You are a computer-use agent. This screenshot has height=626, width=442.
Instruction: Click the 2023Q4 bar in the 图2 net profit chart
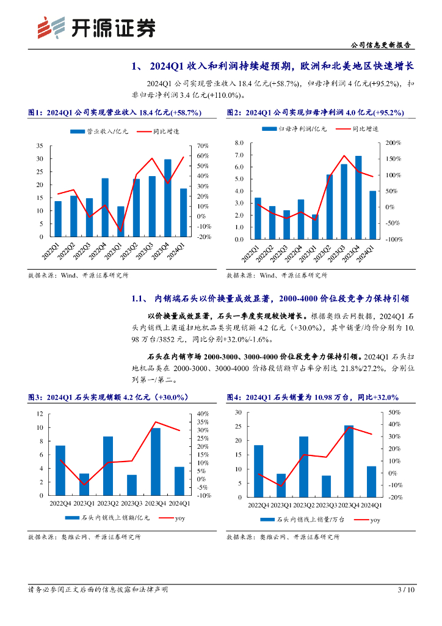pyautogui.click(x=358, y=197)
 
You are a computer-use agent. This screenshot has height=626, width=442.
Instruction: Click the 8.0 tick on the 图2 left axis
pyautogui.click(x=239, y=142)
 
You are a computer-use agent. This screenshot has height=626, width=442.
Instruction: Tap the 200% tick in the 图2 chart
pyautogui.click(x=393, y=142)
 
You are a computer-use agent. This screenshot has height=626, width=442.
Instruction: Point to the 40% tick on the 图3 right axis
pyautogui.click(x=203, y=413)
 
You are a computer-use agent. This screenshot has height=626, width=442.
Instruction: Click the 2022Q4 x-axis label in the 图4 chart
pyautogui.click(x=259, y=505)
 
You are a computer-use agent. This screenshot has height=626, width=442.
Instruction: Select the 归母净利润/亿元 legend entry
pyautogui.click(x=295, y=129)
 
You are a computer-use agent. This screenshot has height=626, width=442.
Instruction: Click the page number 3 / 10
pyautogui.click(x=405, y=590)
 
